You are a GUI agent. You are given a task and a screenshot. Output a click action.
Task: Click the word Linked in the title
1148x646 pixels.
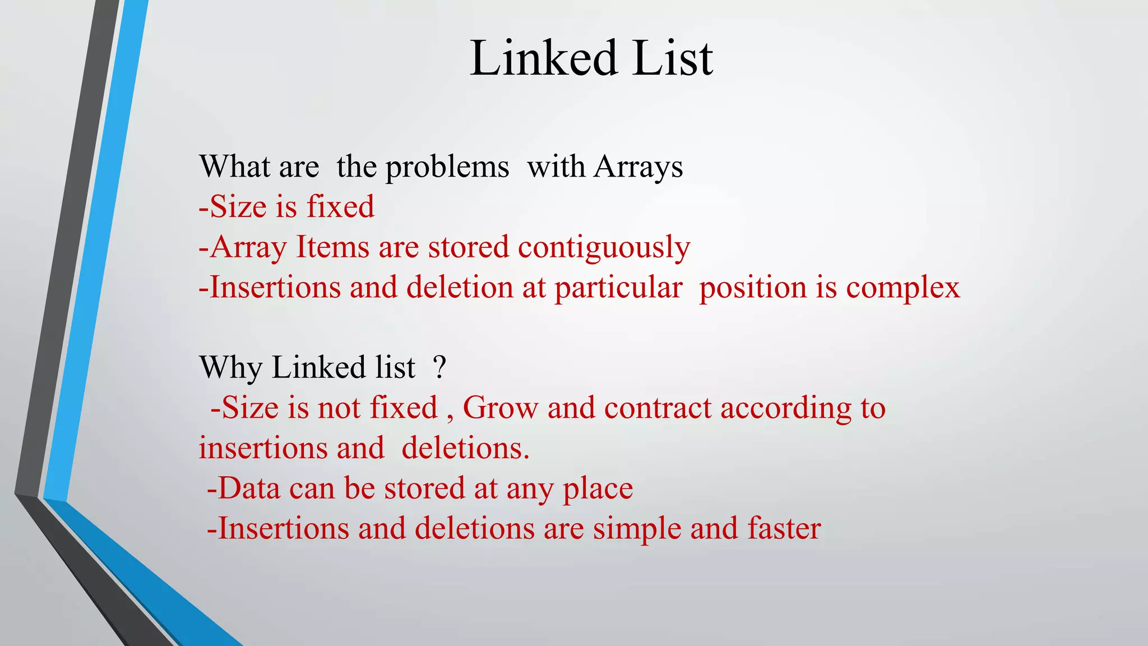coord(543,58)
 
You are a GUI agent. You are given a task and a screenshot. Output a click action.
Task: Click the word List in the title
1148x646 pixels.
coord(672,58)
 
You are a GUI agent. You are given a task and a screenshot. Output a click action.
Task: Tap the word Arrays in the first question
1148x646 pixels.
coord(638,167)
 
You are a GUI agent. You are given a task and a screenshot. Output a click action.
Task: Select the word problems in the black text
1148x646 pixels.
coord(447,167)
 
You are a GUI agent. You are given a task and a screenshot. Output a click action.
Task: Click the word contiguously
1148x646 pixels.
coord(604,247)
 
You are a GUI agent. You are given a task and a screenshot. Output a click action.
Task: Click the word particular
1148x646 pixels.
coord(618,288)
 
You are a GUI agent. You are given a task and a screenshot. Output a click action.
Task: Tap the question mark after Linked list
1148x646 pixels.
coord(440,368)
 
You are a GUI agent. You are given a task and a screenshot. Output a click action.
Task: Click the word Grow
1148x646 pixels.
coord(500,408)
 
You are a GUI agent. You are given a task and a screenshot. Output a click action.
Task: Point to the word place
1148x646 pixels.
coord(598,488)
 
